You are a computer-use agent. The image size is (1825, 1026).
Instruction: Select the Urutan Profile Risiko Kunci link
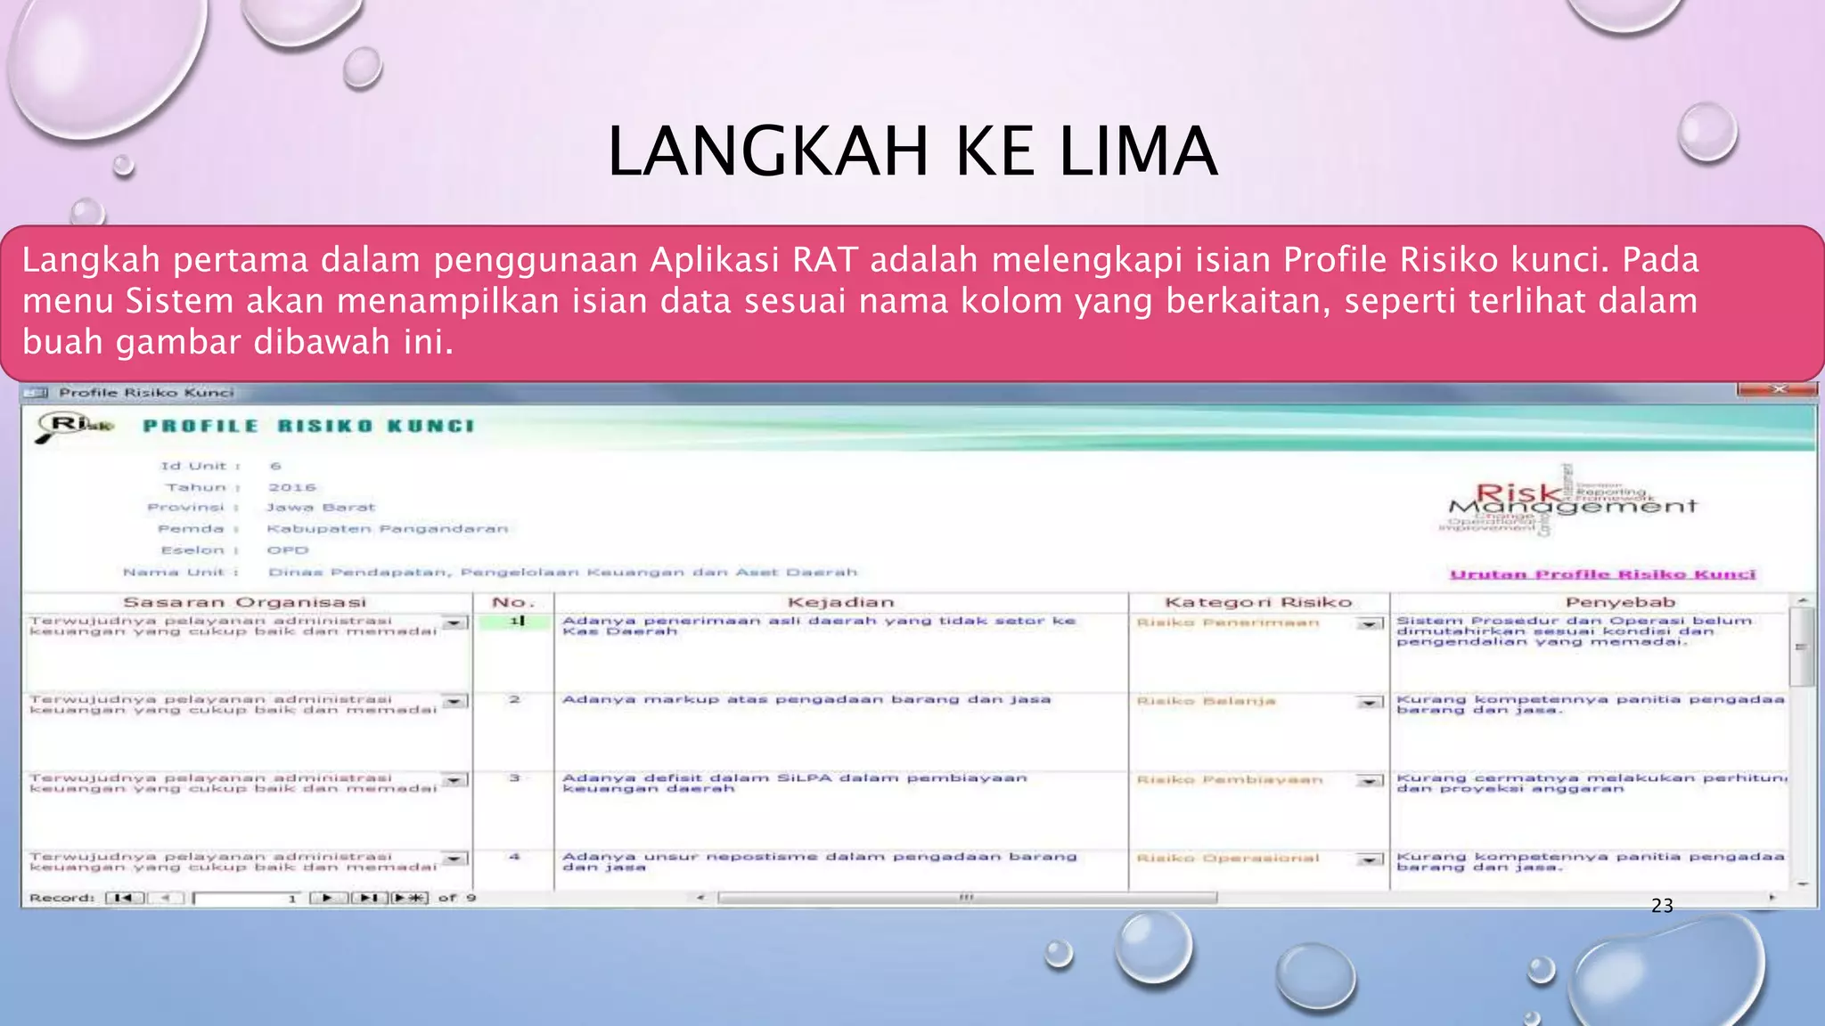coord(1602,574)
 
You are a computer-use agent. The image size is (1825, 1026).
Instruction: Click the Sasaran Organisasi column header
coord(244,602)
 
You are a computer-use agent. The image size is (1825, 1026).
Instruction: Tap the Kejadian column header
coord(840,602)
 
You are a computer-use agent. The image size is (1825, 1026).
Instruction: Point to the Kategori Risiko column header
coord(1258,602)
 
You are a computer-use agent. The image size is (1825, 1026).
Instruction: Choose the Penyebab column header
coord(1620,602)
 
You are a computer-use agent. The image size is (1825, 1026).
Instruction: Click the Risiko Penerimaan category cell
coord(1228,623)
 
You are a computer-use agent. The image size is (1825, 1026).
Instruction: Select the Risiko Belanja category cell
coord(1207,701)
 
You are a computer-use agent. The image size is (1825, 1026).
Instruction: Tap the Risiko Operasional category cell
coord(1228,858)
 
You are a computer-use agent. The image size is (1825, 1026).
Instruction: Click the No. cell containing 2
coord(514,700)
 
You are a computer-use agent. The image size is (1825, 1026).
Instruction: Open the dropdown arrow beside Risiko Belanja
coord(1370,702)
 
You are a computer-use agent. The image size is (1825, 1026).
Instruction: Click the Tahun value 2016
coord(292,487)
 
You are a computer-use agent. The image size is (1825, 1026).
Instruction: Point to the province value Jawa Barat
coord(321,508)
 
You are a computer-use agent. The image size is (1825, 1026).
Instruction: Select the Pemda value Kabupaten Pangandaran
coord(388,529)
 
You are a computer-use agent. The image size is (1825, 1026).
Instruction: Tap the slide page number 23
coord(1662,906)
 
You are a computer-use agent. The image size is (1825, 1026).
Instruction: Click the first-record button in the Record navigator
coord(124,898)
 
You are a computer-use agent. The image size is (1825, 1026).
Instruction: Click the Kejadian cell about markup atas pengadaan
coord(806,700)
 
